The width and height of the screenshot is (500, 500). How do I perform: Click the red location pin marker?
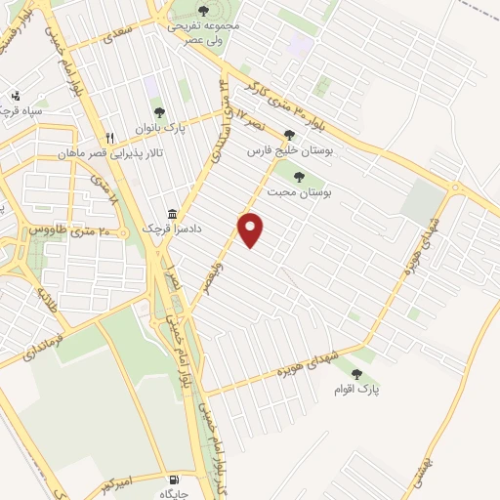(252, 229)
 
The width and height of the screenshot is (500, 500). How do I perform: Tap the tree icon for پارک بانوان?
(159, 112)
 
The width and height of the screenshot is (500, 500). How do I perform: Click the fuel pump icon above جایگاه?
(174, 480)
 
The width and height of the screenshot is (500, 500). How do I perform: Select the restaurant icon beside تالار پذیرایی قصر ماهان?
(110, 138)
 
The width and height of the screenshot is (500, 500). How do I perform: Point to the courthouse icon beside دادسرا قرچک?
(173, 214)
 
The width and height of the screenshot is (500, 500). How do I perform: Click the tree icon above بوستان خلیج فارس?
(289, 136)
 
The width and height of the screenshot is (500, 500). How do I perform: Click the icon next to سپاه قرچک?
(15, 96)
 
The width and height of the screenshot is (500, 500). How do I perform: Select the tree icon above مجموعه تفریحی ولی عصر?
(202, 11)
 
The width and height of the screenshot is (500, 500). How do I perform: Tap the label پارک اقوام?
(360, 391)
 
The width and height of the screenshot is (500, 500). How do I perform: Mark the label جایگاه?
(174, 495)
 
